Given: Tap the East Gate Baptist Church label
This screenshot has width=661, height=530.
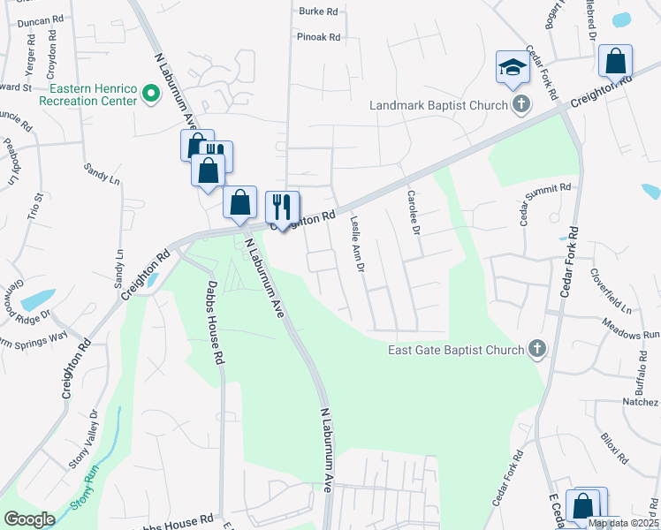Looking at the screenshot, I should tap(456, 350).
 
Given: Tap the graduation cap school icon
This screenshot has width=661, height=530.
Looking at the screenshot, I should tap(512, 68).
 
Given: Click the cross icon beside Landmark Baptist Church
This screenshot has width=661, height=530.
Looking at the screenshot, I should tap(521, 105).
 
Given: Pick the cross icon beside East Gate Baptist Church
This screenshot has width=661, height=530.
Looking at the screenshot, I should tap(536, 349).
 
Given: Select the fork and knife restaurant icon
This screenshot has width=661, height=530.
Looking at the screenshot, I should tap(282, 207).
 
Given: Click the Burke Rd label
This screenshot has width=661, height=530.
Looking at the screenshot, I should tap(319, 11).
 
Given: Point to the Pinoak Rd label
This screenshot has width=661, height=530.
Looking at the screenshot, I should tap(318, 37).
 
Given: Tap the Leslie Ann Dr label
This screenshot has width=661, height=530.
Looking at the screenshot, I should tap(357, 245).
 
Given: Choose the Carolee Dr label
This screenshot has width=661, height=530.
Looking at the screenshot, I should tap(413, 212).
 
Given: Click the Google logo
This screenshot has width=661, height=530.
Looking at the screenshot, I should tap(29, 519).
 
